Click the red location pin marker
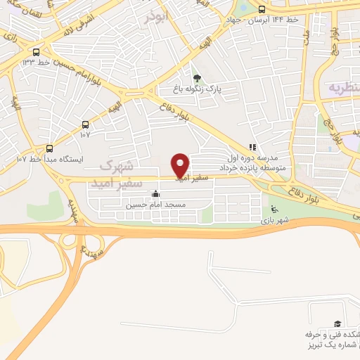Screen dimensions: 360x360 (180, 165)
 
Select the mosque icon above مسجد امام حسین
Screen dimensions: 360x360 (155, 194)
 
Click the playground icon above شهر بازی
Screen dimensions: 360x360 (274, 209)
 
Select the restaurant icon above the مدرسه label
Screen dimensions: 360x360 (251, 147)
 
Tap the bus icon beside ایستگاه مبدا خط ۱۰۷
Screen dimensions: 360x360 (49, 148)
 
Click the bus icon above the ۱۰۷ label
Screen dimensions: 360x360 (85, 121)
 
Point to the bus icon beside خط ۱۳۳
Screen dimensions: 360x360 (36, 51)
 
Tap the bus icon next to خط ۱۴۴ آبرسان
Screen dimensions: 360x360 (262, 9)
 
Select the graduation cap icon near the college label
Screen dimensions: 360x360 (337, 323)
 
